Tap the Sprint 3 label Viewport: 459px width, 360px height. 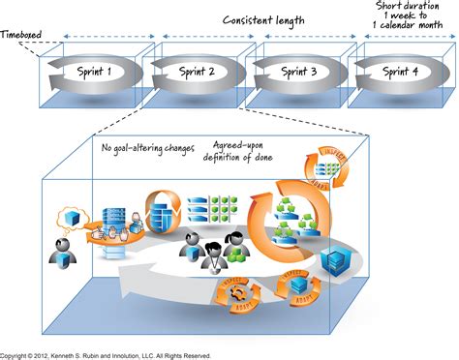pyautogui.click(x=299, y=71)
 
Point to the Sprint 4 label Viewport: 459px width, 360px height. pyautogui.click(x=400, y=71)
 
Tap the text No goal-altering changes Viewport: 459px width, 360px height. pyautogui.click(x=149, y=149)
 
